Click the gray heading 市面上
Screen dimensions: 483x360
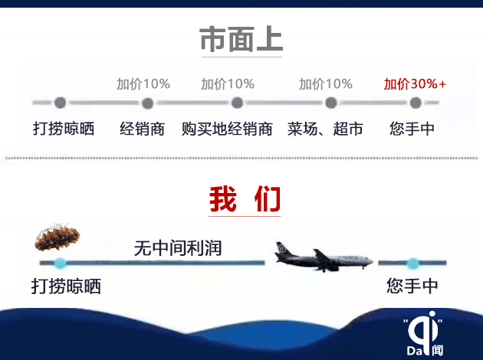click(x=242, y=39)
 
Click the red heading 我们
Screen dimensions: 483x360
click(x=245, y=199)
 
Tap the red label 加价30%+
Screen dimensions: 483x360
click(x=415, y=83)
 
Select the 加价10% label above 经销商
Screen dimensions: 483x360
click(x=143, y=83)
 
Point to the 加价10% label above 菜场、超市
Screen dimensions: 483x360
click(x=326, y=83)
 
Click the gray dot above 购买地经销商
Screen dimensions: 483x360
click(x=237, y=103)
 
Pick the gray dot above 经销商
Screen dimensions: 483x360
click(x=147, y=103)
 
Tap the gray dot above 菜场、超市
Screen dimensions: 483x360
click(x=331, y=103)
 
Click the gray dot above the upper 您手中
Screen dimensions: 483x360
click(x=416, y=103)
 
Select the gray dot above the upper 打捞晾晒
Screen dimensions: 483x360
click(x=60, y=103)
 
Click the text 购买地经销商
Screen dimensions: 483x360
click(x=227, y=129)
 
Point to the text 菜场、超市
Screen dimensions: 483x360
click(x=325, y=129)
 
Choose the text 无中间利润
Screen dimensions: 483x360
click(x=178, y=248)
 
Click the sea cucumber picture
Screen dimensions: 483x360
click(x=58, y=237)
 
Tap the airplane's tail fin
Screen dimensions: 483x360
click(x=282, y=248)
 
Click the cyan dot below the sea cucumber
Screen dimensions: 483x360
click(x=61, y=263)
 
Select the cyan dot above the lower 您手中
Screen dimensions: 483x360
click(x=412, y=263)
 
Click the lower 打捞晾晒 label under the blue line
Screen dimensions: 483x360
click(x=66, y=286)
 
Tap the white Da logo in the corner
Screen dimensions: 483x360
click(x=425, y=333)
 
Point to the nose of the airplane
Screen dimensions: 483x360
click(x=371, y=261)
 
